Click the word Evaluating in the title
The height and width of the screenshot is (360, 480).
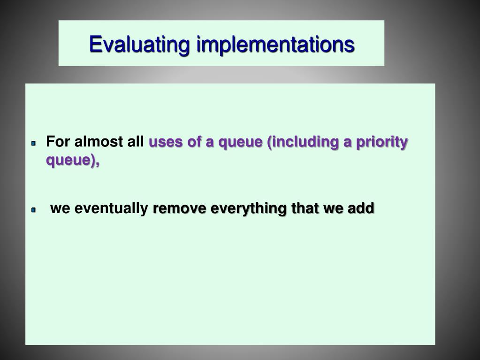[x=139, y=45]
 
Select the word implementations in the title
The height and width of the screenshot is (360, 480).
[x=275, y=44]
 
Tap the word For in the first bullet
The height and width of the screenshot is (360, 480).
[x=58, y=141]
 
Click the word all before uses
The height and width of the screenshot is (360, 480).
[x=135, y=141]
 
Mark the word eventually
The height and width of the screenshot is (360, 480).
[x=111, y=209]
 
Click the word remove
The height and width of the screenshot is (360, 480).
[x=179, y=209]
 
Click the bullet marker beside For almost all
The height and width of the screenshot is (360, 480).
[x=34, y=143]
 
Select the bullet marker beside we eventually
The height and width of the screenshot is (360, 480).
[x=34, y=210]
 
